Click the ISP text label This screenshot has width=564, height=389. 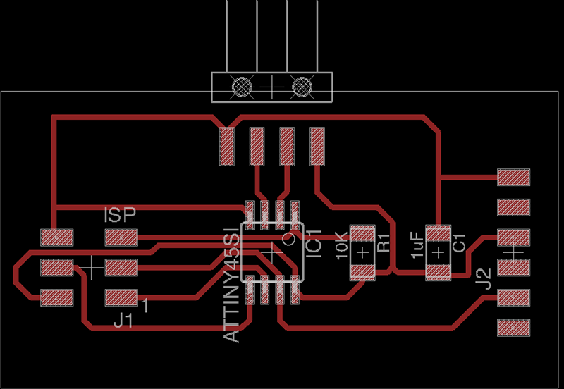[120, 215]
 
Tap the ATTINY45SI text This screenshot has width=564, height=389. [232, 285]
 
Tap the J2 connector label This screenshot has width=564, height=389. [483, 279]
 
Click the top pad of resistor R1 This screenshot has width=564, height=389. [362, 234]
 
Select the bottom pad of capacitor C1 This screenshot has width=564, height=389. [438, 272]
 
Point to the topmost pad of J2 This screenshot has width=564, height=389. [514, 178]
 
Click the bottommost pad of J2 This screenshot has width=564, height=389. [514, 328]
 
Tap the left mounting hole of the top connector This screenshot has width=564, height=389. [242, 87]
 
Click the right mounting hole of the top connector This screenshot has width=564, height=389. [302, 87]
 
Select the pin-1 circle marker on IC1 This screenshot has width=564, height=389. [288, 239]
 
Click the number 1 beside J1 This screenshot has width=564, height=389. [145, 305]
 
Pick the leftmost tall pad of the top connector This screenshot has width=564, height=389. [227, 147]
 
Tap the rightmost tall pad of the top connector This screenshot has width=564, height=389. [317, 147]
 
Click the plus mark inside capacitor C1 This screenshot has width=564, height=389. [438, 253]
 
